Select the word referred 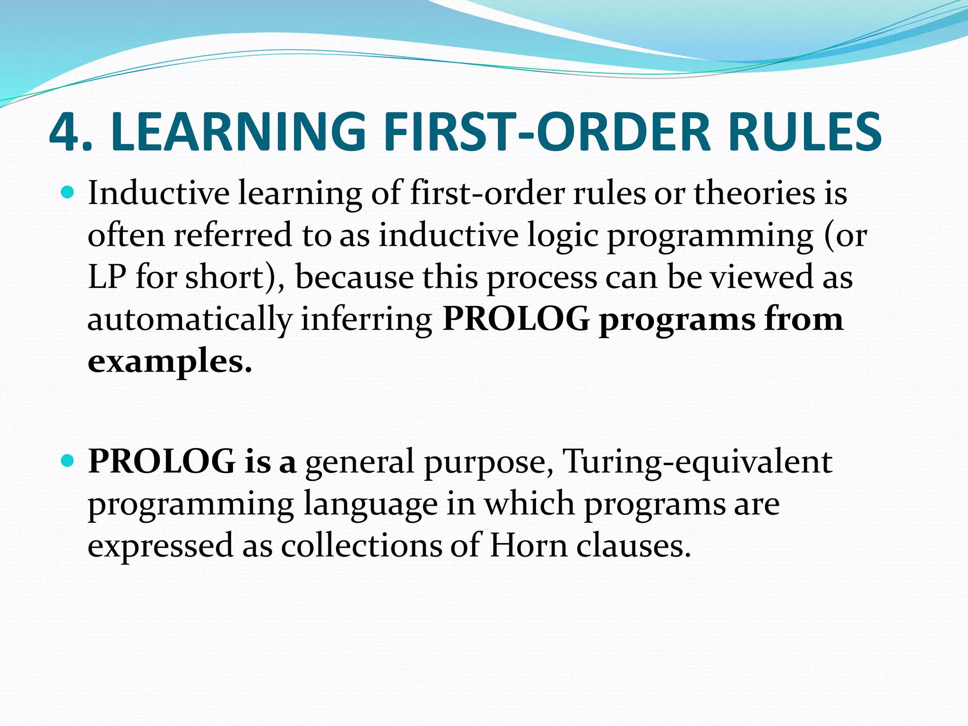point(233,235)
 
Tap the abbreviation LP point(107,277)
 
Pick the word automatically point(190,320)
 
